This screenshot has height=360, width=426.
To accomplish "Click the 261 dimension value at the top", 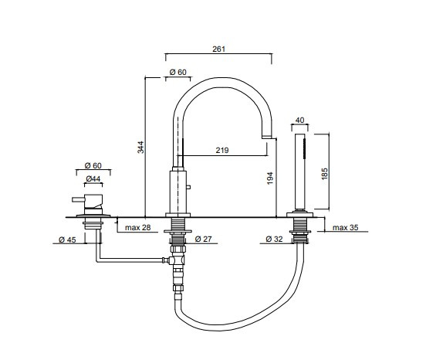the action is coord(218,49).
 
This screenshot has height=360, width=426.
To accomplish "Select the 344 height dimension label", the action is coord(140,147).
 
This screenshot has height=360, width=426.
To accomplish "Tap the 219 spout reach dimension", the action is coord(222,150).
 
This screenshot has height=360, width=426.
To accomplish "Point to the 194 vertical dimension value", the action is coord(270,178).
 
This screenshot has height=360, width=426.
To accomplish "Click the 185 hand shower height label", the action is coord(324,174).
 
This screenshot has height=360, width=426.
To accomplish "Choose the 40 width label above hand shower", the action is coord(299,121).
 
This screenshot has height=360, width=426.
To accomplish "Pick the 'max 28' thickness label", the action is coord(137,228).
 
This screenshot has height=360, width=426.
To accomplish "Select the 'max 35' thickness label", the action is coord(345,227).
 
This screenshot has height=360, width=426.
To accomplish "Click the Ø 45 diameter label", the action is coord(67,239).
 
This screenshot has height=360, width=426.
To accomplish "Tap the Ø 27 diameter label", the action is coord(203,239).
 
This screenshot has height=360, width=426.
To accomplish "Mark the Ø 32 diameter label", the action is coord(275,239).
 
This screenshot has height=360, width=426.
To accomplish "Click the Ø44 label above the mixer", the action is coord(93,178).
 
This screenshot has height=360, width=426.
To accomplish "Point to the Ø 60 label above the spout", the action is coord(178,72).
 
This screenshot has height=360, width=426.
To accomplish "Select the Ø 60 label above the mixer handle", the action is coord(93,165).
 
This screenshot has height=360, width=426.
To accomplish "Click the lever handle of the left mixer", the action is coord(78,199).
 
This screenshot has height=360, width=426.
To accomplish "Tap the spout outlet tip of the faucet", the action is coord(266,137).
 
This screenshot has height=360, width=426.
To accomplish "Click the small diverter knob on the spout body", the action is coord(188,187).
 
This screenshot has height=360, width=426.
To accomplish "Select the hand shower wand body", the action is coord(300,172).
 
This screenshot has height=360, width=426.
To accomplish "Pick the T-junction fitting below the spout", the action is coord(175,260).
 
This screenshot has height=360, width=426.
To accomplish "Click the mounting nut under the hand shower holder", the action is coord(300,232).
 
